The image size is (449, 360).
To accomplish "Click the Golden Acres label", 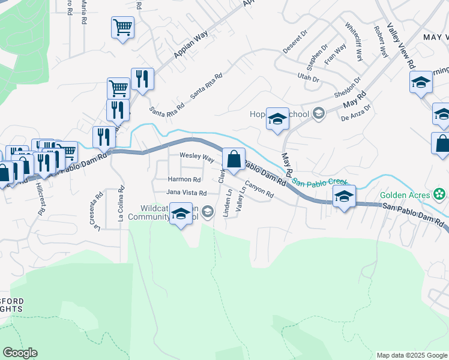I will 405,195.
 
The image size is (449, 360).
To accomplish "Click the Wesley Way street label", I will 197,158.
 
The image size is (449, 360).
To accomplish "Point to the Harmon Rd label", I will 184,179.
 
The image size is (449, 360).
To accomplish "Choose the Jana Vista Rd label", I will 186,193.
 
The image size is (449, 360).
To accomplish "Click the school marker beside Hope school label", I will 277,119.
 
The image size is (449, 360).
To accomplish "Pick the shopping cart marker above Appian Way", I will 122,28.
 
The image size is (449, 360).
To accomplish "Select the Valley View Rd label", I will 402,46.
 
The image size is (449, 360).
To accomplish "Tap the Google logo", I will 20,353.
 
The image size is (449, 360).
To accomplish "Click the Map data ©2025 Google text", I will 411,355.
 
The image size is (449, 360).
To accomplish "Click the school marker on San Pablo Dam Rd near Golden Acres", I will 344,197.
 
